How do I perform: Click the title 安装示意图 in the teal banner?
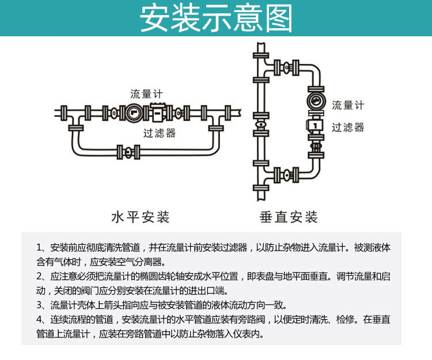(x=216, y=19)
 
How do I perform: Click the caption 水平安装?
(x=141, y=217)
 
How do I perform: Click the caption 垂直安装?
(x=289, y=217)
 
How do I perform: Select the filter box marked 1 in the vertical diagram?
(x=316, y=124)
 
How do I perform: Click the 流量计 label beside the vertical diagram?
(x=348, y=105)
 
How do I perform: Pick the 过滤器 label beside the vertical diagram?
(x=348, y=127)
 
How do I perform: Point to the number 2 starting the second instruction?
(x=39, y=276)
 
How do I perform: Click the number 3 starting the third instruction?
(x=39, y=305)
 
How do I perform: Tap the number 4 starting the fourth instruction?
(x=39, y=320)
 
